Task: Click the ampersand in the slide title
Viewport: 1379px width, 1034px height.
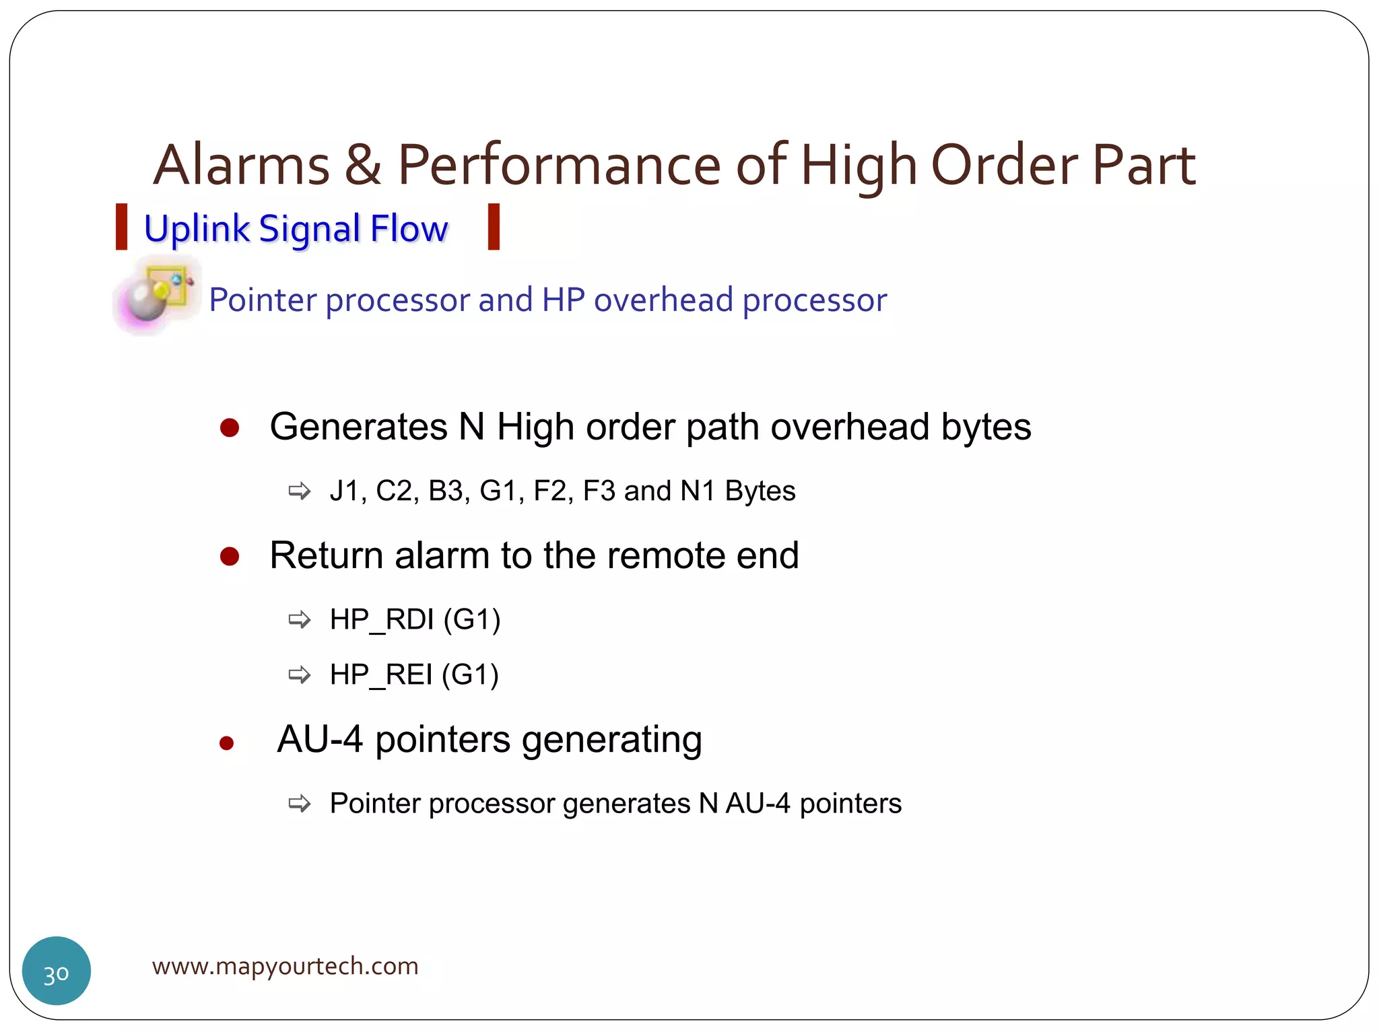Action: point(363,166)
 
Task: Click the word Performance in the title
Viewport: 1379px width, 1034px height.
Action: point(559,166)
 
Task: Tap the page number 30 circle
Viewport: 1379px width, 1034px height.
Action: point(57,971)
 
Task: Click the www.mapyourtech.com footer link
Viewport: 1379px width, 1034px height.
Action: point(285,966)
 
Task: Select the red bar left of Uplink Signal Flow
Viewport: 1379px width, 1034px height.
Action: point(121,228)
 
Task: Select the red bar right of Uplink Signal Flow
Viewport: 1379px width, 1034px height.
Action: point(494,228)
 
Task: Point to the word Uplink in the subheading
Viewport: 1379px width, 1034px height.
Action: point(197,229)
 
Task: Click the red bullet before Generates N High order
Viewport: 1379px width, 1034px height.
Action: point(230,428)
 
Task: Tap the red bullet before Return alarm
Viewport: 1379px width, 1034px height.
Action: point(230,557)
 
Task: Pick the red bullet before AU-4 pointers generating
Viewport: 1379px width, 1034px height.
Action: point(227,743)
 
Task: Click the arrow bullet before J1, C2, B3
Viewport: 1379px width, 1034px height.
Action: point(300,491)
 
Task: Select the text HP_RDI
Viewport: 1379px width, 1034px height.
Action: point(382,619)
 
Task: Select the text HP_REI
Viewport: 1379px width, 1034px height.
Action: point(381,675)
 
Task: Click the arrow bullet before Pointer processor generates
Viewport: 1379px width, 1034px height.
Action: point(300,803)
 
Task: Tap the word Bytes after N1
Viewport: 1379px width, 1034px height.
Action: point(760,491)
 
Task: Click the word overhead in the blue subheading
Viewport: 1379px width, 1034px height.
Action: point(663,300)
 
